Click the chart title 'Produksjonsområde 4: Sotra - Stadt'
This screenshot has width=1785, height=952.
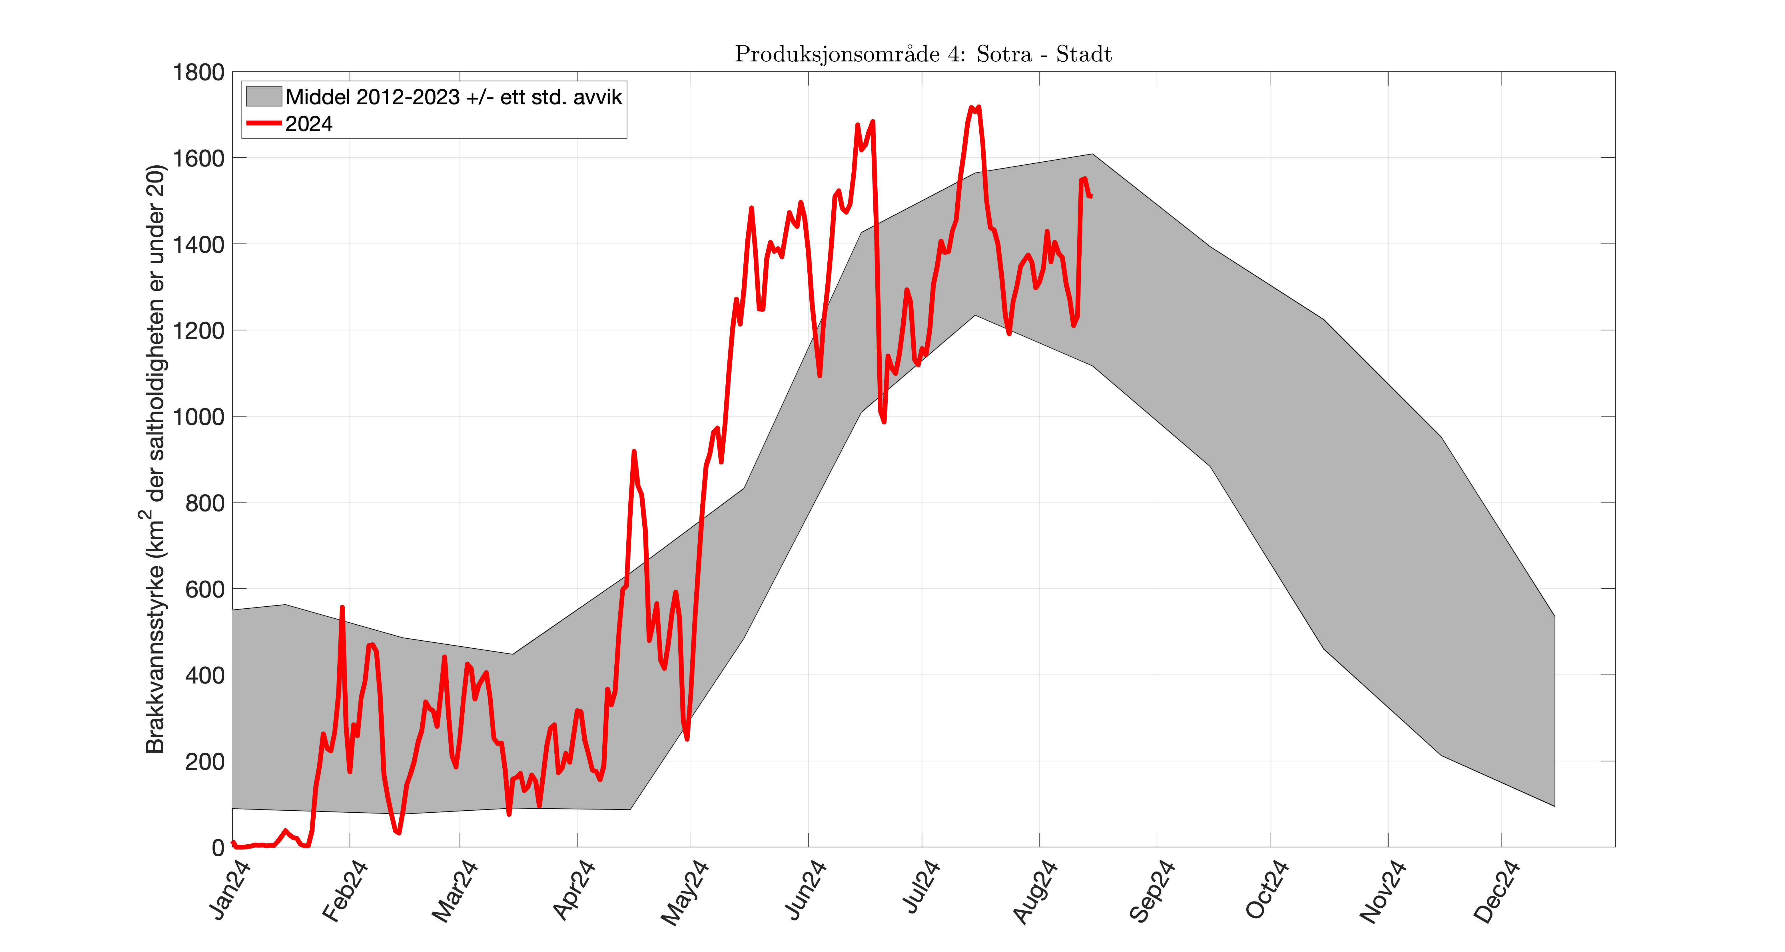click(923, 54)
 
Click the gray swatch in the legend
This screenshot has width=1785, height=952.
click(263, 96)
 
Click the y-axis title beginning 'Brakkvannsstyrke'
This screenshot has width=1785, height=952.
click(156, 459)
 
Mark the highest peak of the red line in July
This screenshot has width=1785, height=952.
click(972, 107)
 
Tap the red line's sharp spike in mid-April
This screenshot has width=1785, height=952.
click(633, 452)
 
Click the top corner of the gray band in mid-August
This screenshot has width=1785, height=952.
click(1092, 154)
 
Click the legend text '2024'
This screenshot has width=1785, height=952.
click(309, 124)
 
